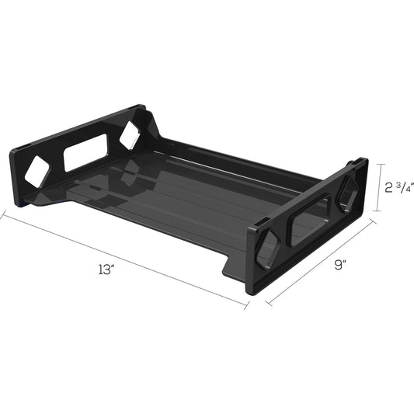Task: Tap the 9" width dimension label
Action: (x=339, y=265)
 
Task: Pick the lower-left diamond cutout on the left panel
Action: (x=37, y=172)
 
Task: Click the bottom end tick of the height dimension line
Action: (x=378, y=211)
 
